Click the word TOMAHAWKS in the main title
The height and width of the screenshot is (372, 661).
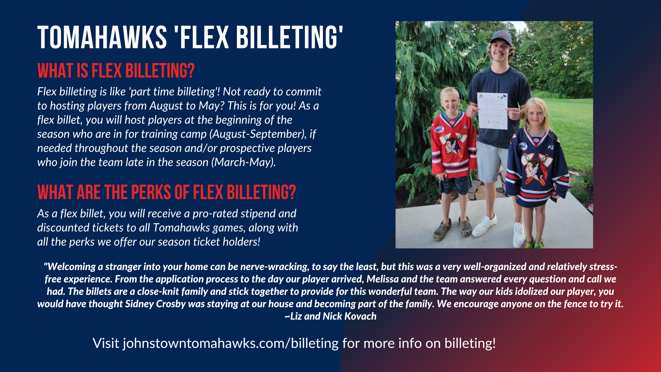coord(102,37)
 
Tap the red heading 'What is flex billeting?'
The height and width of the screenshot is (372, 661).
coord(116,71)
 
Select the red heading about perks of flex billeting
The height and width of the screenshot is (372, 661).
coord(167,192)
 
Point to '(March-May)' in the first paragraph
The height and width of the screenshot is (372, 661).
coord(243,162)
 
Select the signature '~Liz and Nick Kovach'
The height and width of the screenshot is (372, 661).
coord(330,316)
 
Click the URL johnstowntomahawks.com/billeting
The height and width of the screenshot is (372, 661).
coord(231,343)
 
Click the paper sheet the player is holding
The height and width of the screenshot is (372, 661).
coord(492,110)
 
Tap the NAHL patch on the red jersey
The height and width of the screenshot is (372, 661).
coord(439,130)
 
